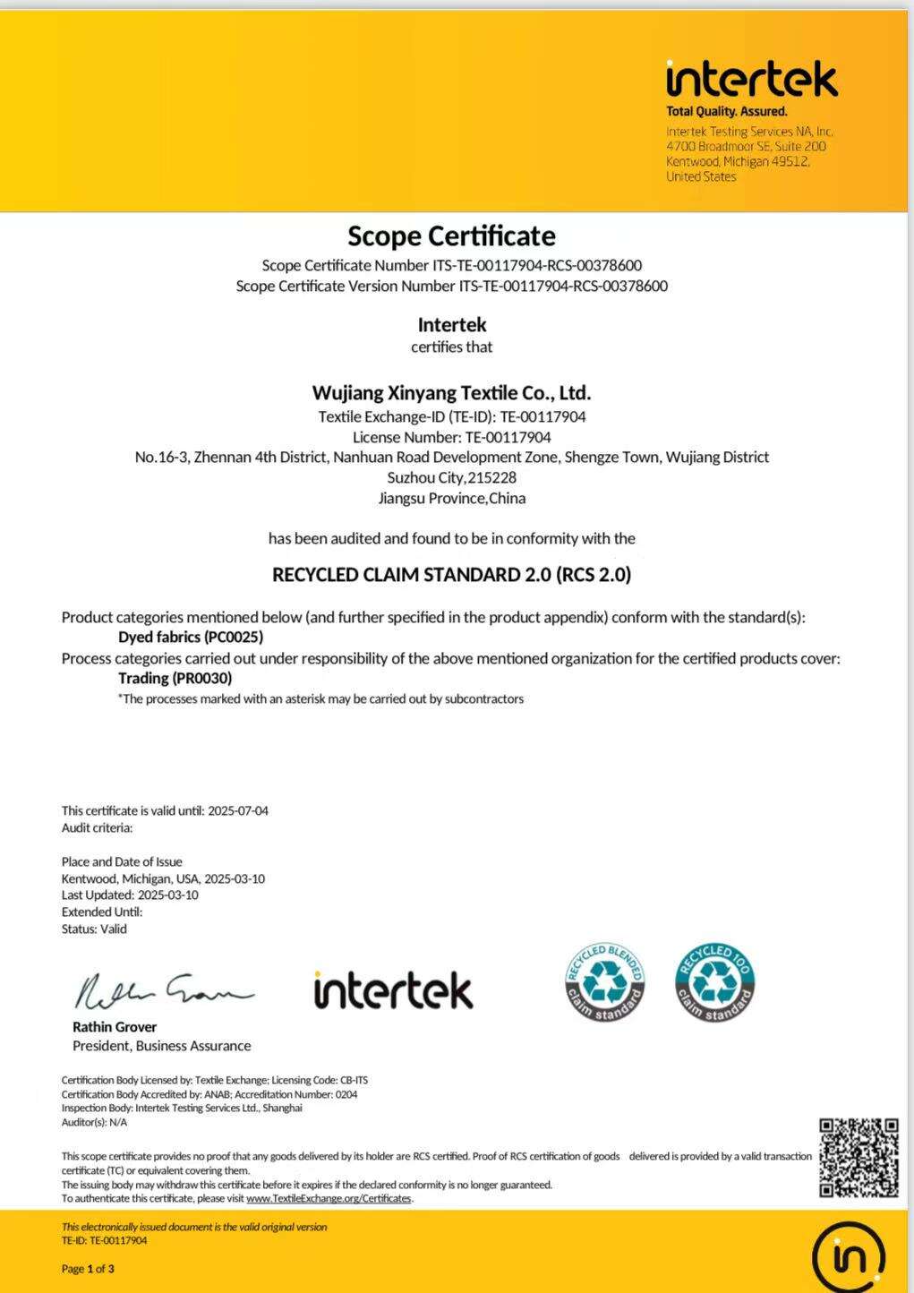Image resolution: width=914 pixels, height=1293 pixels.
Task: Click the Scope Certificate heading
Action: point(451,235)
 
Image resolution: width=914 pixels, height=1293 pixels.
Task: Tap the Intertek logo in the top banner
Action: point(752,80)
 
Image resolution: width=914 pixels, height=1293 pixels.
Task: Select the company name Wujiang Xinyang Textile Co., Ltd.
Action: point(451,392)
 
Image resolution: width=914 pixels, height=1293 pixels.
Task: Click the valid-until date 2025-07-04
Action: point(238,810)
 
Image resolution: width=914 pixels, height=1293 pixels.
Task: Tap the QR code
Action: point(858,1157)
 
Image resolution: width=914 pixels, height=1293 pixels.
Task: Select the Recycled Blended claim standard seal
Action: point(605,983)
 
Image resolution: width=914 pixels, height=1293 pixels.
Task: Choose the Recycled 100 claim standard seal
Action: point(715,983)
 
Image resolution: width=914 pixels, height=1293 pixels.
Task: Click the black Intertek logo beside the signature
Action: point(393,990)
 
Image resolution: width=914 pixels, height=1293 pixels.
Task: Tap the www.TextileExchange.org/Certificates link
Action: point(329,1198)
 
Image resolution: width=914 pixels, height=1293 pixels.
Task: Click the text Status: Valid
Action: point(94,929)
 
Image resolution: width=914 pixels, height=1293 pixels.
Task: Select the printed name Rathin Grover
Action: point(115,1027)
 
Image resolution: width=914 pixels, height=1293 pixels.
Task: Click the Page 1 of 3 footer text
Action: point(88,1268)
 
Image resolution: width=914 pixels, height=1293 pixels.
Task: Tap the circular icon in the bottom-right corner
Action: point(848,1256)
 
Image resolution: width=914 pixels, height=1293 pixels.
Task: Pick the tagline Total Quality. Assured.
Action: point(726,112)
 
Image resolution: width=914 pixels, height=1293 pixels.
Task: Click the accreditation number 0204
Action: point(346,1094)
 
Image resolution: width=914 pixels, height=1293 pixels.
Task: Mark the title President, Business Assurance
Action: point(161,1046)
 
